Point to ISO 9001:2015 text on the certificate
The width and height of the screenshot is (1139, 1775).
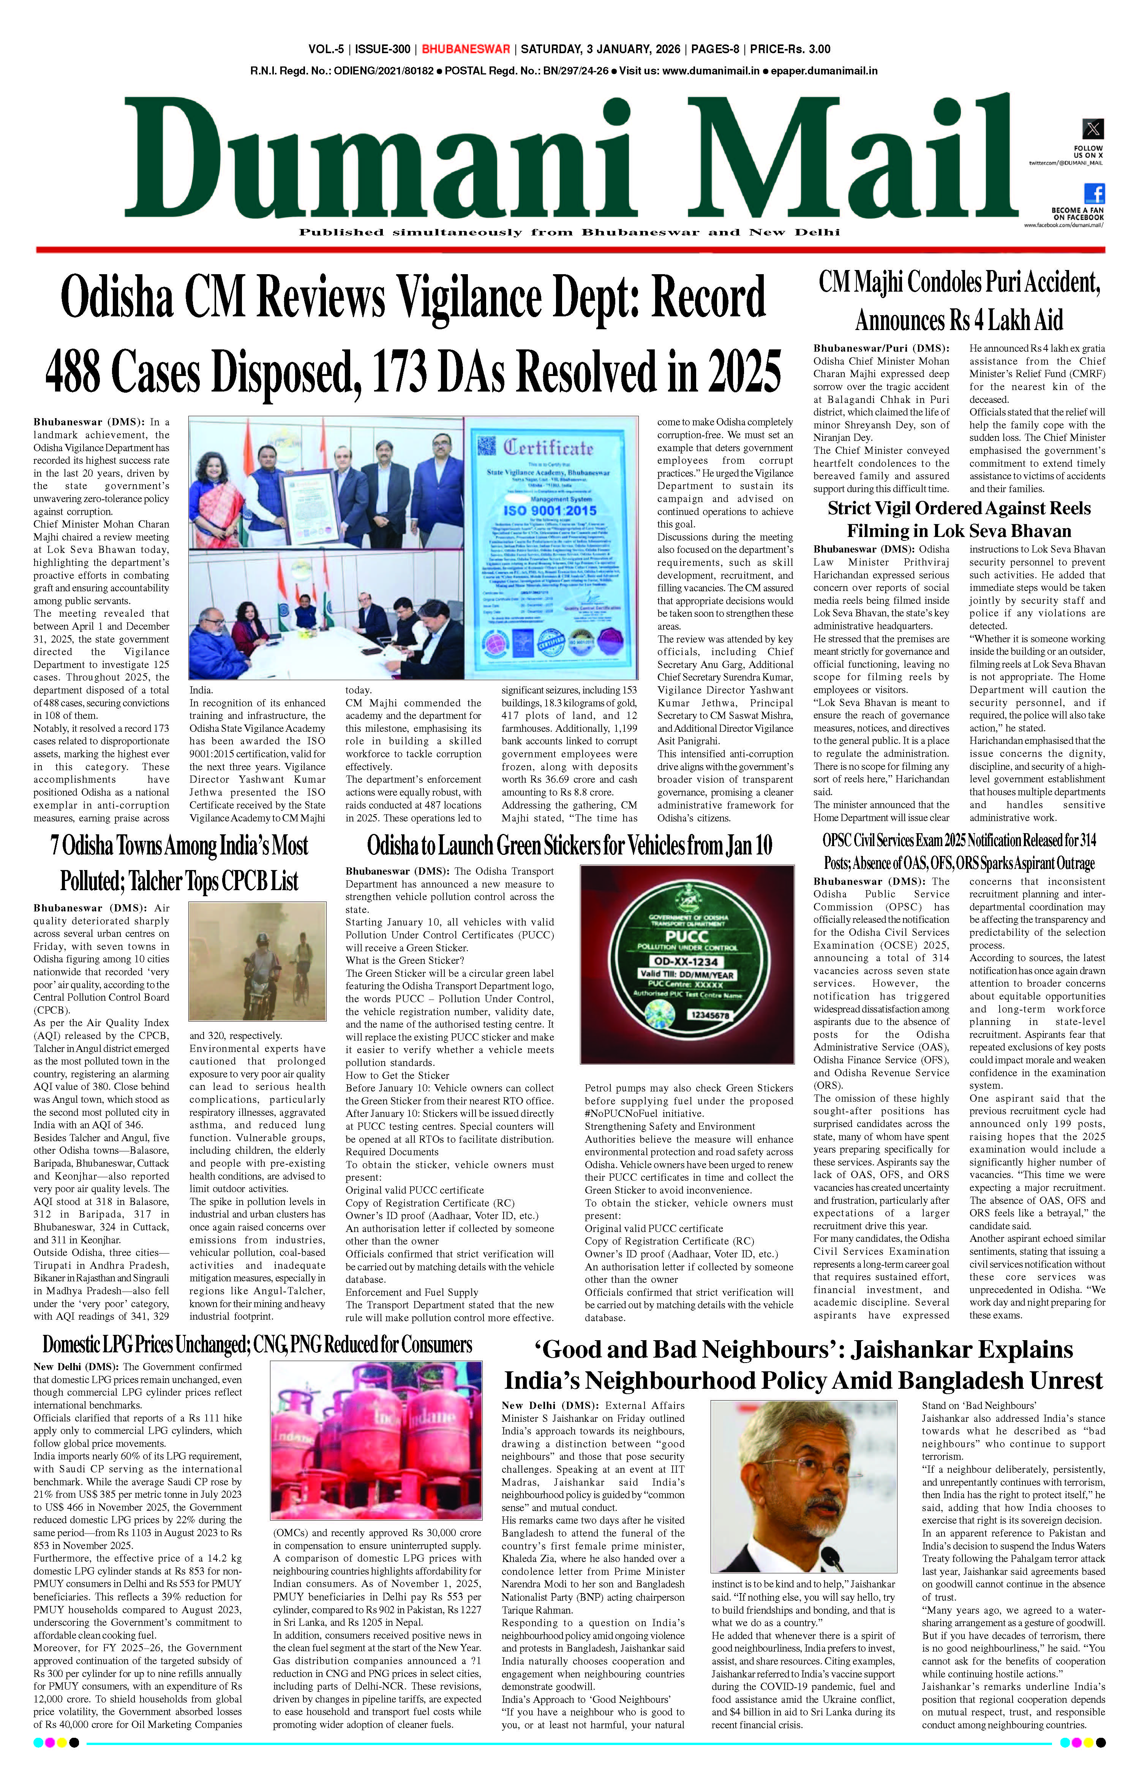pyautogui.click(x=549, y=510)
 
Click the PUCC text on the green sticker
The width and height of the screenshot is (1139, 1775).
pyautogui.click(x=687, y=936)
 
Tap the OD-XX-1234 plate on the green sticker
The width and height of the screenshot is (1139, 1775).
pyautogui.click(x=687, y=962)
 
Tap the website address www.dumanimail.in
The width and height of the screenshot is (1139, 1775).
pyautogui.click(x=711, y=71)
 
